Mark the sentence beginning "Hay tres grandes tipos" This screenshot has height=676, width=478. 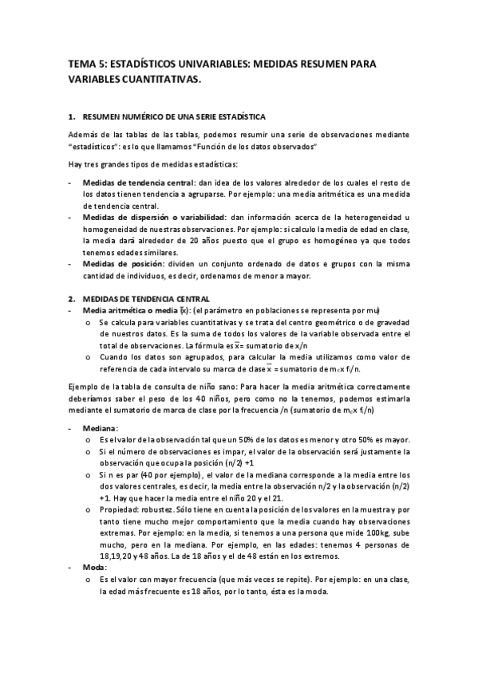[x=152, y=165]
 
